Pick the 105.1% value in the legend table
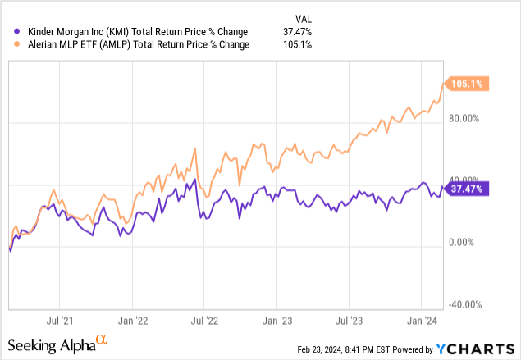303,44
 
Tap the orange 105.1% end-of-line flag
466,83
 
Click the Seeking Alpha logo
57,342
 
